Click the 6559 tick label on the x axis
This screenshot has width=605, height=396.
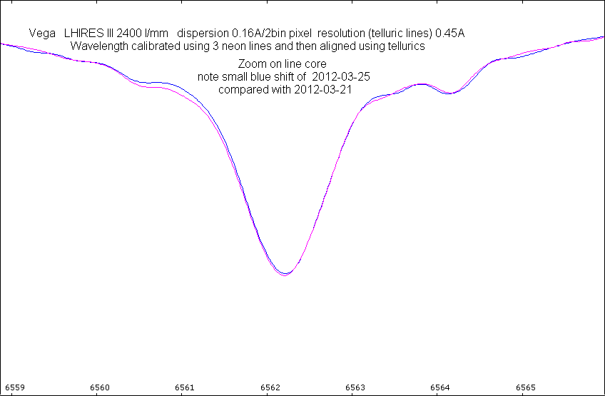coord(14,387)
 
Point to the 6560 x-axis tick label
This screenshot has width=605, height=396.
coord(99,387)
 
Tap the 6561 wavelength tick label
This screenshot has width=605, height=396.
coord(184,387)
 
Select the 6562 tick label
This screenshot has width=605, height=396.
coord(270,387)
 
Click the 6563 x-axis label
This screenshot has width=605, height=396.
coord(355,387)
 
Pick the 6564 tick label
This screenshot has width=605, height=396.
coord(440,387)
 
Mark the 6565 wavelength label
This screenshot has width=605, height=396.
coord(525,387)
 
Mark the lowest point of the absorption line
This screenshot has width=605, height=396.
coord(285,274)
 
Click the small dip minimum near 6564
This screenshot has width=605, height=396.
coord(448,93)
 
